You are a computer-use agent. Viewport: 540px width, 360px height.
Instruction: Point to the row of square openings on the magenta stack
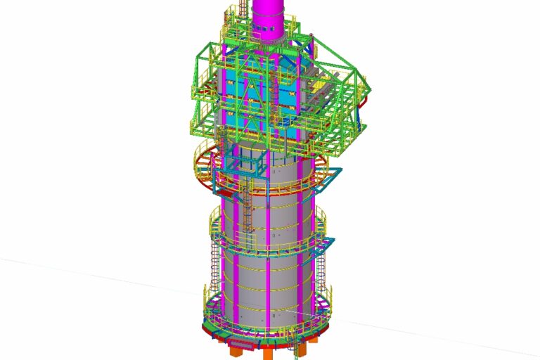(269, 29)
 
